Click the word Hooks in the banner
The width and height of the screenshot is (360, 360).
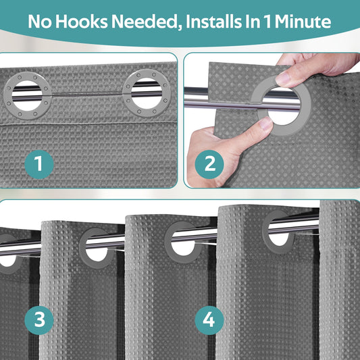(82, 22)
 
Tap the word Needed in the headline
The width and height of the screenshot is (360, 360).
(147, 22)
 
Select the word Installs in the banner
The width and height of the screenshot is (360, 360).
(213, 22)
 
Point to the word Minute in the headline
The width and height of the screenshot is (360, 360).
(303, 22)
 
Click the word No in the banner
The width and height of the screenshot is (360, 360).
(40, 22)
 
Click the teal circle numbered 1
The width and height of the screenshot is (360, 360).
(39, 164)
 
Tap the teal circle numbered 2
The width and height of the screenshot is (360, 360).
(209, 164)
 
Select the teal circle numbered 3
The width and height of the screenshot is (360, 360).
(39, 320)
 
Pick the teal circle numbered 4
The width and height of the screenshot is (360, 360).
(209, 320)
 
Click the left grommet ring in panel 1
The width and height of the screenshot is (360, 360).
(7, 95)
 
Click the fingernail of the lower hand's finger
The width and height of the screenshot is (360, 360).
(265, 123)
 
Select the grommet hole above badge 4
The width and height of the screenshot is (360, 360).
(183, 243)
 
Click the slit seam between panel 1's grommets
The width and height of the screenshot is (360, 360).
(87, 94)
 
